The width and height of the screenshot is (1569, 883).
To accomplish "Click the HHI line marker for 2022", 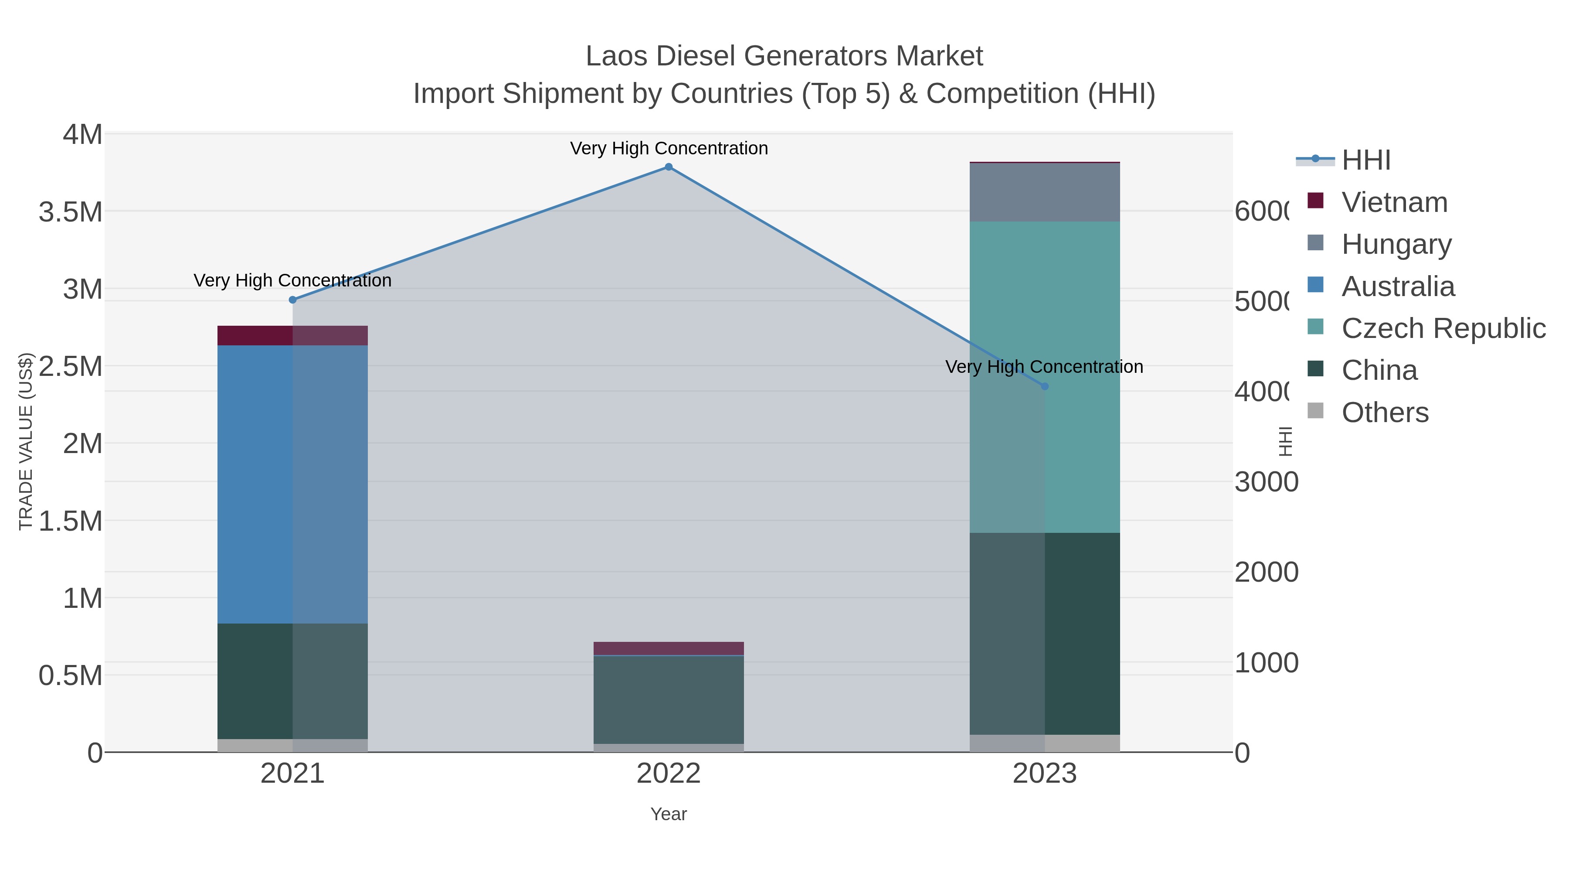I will coord(668,167).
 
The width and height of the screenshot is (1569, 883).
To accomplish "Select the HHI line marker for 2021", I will coord(292,300).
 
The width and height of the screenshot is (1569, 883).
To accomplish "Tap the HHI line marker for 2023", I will coord(1045,386).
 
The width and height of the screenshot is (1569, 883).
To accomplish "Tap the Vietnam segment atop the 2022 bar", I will coord(668,648).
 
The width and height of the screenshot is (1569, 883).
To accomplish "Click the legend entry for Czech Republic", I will coord(1443,328).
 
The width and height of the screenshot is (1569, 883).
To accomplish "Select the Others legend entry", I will coord(1385,413).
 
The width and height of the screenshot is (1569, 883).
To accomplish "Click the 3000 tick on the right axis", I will coord(1266,482).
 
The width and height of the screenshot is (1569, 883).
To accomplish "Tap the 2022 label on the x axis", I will coord(668,774).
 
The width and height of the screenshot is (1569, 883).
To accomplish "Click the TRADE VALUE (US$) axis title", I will coord(26,441).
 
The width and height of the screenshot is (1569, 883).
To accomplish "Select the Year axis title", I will coord(668,814).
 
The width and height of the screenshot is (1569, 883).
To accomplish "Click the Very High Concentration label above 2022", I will coord(668,149).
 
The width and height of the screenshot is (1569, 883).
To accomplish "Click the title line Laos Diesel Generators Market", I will coord(784,56).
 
